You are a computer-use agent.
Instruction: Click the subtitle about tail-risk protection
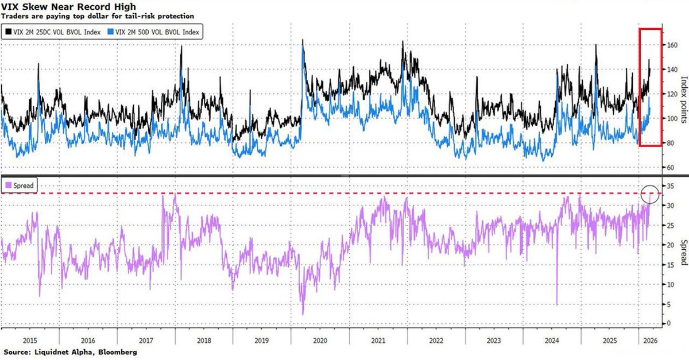pyautogui.click(x=98, y=16)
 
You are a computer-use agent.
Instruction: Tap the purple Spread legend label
pyautogui.click(x=22, y=185)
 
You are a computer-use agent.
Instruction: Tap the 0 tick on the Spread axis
pyautogui.click(x=667, y=323)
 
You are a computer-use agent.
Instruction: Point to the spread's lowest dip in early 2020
pyautogui.click(x=303, y=313)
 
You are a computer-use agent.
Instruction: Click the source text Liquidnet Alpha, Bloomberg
pyautogui.click(x=70, y=351)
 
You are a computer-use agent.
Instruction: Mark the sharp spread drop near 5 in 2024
pyautogui.click(x=557, y=304)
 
